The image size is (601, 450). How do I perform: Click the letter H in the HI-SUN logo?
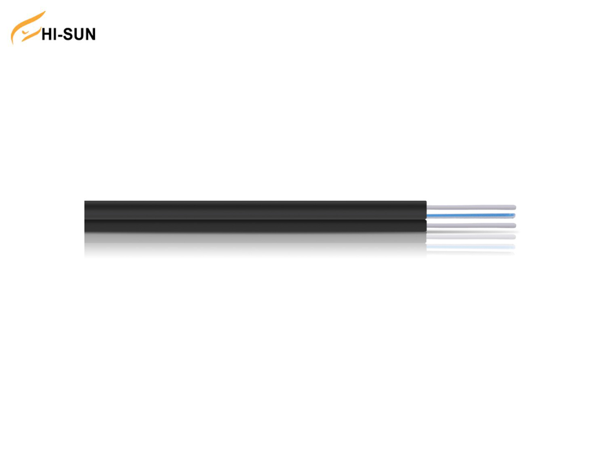(47, 34)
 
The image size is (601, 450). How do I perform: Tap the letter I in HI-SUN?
(55, 34)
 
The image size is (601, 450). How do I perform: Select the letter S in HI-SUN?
(68, 34)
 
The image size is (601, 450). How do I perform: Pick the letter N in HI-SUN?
(90, 34)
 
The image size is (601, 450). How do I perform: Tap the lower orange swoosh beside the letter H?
(31, 35)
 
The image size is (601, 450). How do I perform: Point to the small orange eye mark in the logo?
(25, 33)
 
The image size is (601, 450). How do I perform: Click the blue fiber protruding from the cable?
(471, 216)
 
